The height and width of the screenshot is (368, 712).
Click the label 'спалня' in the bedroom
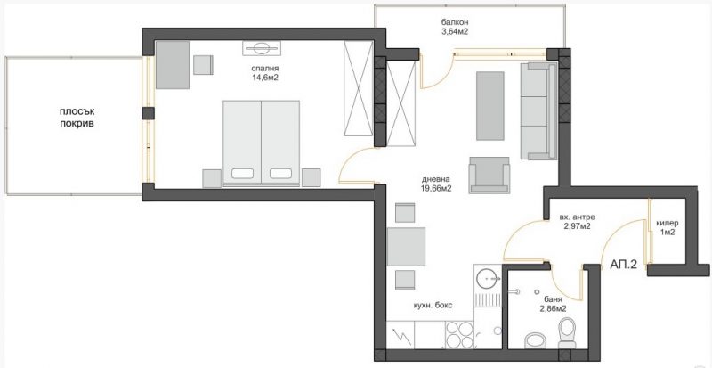point(264,69)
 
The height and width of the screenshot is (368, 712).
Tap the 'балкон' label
point(454,22)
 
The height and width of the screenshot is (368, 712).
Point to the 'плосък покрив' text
point(77,117)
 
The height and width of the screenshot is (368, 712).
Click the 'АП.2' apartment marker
point(624,266)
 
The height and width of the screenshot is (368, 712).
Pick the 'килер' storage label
point(667,223)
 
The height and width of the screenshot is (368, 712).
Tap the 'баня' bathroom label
point(553,299)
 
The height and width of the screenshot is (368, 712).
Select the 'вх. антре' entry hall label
point(575,217)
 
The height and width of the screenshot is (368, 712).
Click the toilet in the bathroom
point(566,333)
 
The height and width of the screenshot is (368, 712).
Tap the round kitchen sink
point(487,277)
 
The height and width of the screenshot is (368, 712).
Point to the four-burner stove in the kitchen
point(459,335)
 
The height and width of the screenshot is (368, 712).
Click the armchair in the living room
point(489,176)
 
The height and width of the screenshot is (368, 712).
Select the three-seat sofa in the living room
point(538,111)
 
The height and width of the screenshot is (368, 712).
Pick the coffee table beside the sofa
point(490,105)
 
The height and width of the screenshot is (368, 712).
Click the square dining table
point(406,247)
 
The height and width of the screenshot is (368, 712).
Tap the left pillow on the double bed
point(242,174)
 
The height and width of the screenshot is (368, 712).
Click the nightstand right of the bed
point(311,177)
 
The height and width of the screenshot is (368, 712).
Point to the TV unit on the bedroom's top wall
point(262,48)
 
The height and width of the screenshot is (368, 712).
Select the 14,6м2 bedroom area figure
point(264,78)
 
